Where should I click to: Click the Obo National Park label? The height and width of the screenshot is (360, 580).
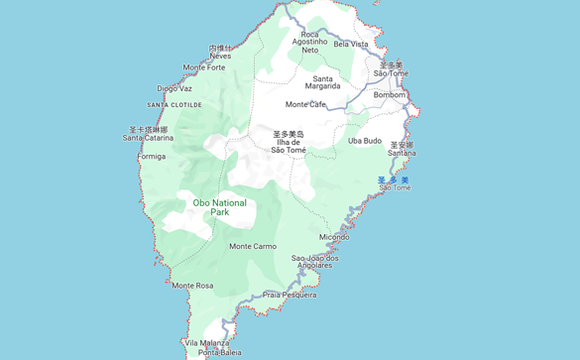[219, 207]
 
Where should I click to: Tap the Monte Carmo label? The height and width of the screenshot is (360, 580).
[253, 246]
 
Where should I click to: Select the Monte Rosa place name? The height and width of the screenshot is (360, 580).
[192, 286]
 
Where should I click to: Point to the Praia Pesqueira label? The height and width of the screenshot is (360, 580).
[290, 295]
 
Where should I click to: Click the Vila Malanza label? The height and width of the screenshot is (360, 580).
[206, 342]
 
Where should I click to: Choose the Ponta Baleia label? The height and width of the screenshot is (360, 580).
[219, 352]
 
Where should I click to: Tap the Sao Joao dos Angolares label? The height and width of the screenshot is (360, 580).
[315, 262]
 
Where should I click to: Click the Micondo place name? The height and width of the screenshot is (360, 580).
[334, 237]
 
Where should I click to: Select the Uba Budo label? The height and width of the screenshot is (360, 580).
[365, 141]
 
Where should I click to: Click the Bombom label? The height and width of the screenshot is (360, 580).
[390, 95]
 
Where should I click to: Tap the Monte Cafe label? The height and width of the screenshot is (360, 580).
[305, 104]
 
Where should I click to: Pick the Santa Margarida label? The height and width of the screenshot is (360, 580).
[323, 82]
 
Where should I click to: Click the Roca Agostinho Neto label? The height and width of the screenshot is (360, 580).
[310, 42]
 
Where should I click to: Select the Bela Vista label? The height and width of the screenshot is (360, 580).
[351, 44]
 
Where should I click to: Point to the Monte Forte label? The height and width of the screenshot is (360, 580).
[204, 67]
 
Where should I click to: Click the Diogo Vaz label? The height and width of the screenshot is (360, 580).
[174, 88]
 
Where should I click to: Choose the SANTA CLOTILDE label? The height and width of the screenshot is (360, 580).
[174, 105]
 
